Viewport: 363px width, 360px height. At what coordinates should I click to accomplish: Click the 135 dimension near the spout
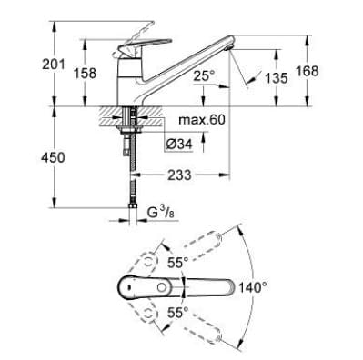[276, 79]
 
